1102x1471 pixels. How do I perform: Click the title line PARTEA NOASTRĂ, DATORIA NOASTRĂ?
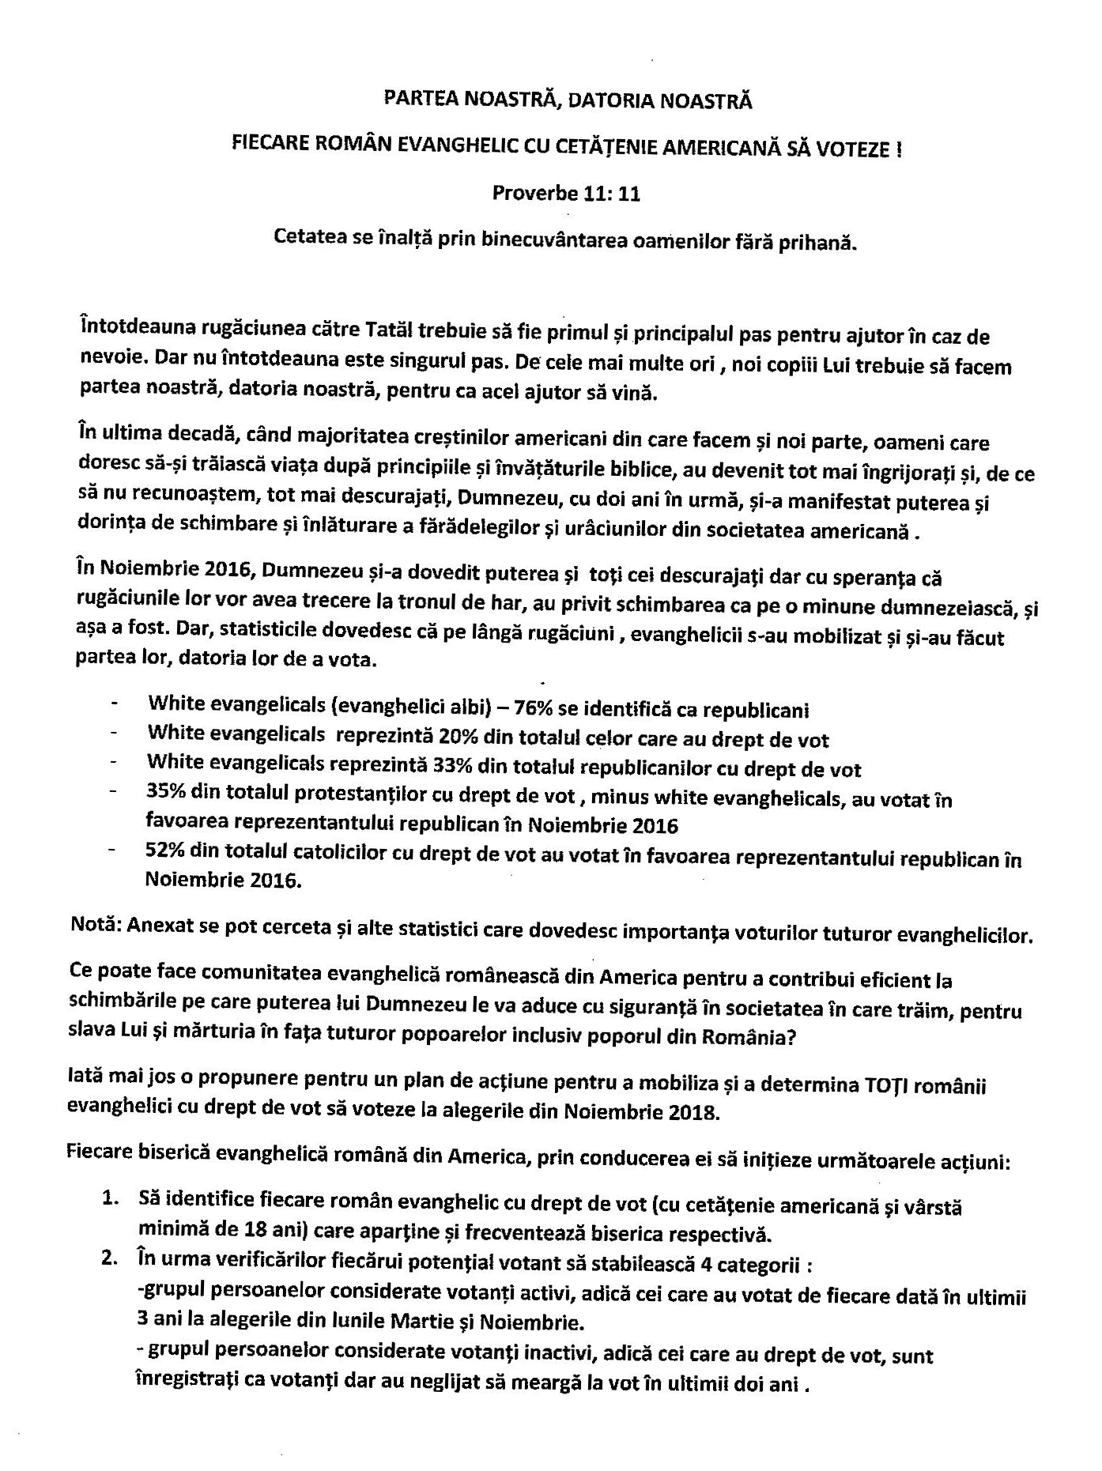(567, 100)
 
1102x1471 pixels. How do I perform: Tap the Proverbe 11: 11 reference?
(566, 193)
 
